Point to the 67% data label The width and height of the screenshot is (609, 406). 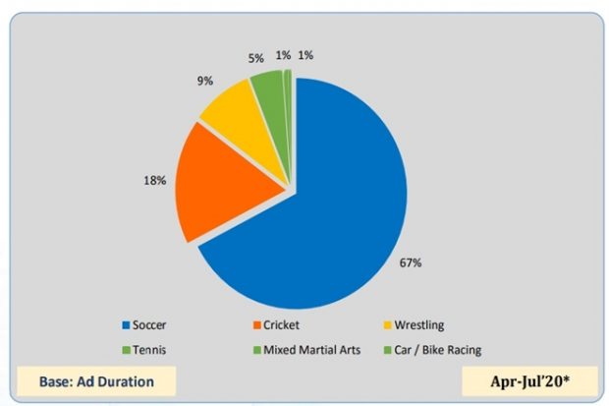click(x=411, y=262)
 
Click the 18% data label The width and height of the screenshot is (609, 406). click(x=154, y=180)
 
